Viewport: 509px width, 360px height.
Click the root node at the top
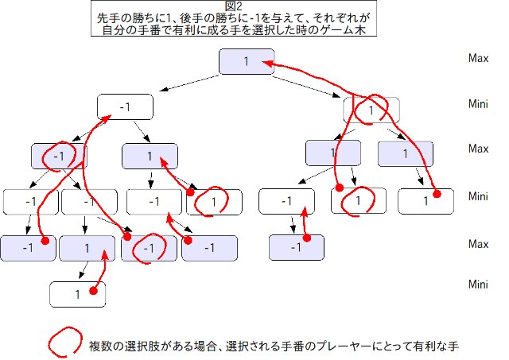click(246, 61)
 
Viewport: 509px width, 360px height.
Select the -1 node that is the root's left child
click(124, 106)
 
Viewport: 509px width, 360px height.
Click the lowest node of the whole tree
click(78, 293)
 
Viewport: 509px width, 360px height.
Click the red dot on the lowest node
click(93, 292)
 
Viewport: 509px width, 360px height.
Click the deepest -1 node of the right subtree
click(297, 248)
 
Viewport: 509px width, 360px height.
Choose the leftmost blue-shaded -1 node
click(28, 248)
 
